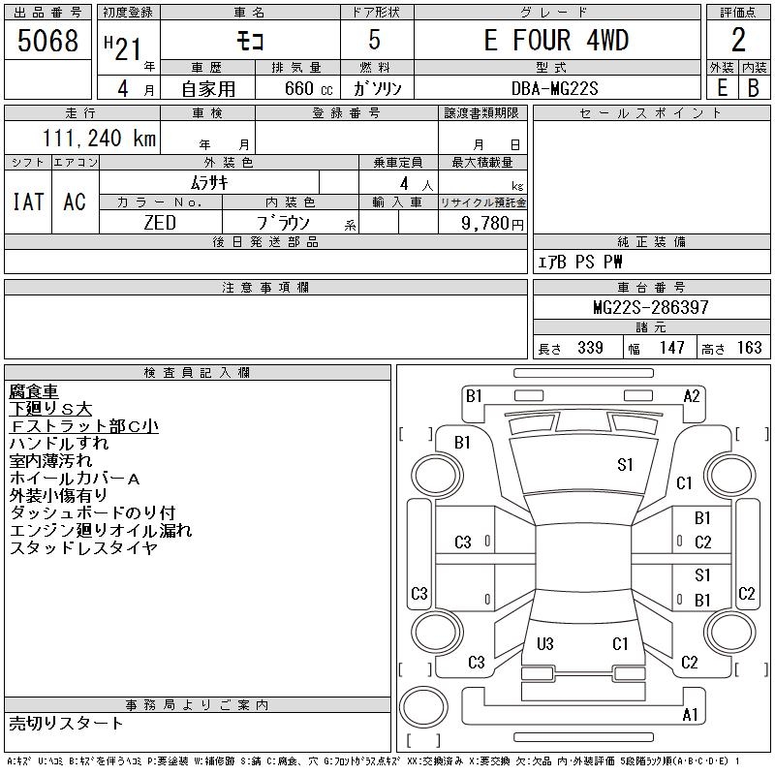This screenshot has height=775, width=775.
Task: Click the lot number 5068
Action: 47,40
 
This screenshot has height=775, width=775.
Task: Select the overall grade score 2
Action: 738,40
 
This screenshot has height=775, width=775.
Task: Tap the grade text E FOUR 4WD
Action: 556,40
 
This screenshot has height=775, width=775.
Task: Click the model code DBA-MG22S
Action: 554,88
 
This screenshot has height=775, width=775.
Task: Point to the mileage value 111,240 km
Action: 99,138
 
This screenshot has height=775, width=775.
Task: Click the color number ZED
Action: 160,223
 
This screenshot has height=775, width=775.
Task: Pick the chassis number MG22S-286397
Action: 651,307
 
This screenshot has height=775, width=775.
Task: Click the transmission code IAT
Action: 28,201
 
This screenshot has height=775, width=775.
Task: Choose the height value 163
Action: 749,348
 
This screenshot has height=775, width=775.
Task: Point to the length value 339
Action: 590,348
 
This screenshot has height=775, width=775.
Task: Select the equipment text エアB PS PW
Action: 580,262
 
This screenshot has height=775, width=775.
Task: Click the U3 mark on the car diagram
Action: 544,643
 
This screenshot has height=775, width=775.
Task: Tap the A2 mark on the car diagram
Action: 692,396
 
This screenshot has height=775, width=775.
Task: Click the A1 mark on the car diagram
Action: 690,714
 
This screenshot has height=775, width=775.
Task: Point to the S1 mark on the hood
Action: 625,465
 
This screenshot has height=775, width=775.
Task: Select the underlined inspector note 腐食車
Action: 34,391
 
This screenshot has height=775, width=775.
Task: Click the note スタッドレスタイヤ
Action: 83,547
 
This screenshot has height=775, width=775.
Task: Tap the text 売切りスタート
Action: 66,723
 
